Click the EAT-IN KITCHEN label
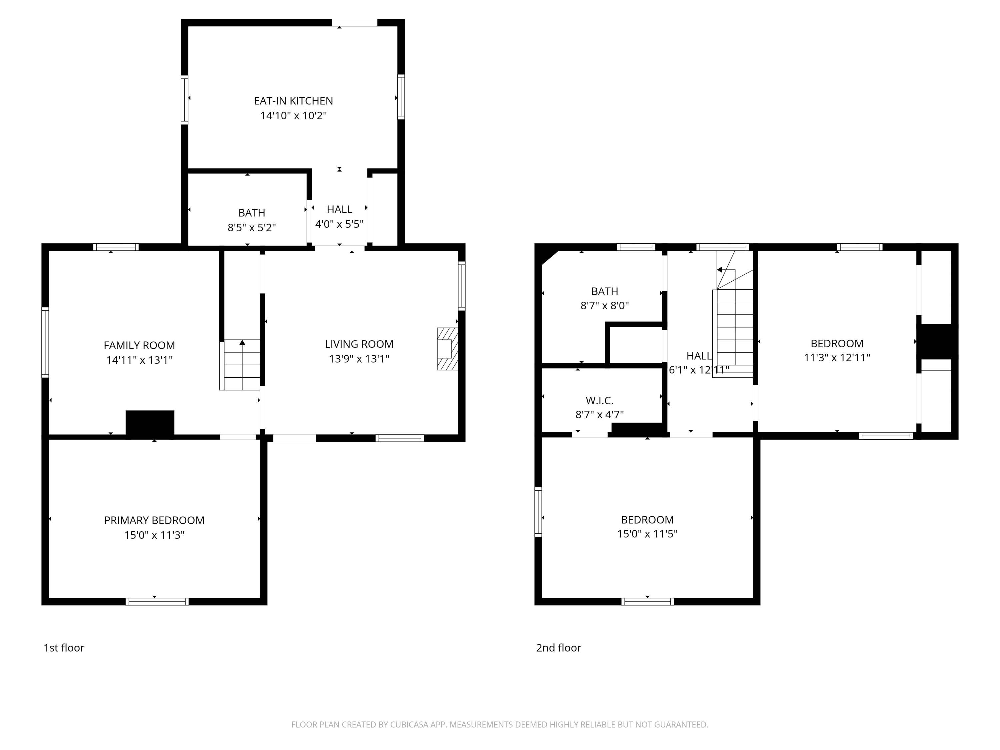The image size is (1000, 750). coord(293,101)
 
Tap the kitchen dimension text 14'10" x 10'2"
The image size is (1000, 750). coord(293,115)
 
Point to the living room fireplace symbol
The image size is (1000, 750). coord(447,349)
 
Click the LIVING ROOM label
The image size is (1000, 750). coord(359,344)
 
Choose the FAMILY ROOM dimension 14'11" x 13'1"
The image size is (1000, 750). coord(139,360)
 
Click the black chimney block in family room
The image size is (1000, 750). coord(150,424)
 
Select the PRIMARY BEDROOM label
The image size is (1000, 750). coord(154,520)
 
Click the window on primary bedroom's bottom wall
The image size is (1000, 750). coord(157,601)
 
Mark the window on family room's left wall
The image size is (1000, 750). coord(45,342)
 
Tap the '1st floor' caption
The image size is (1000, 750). coord(64,648)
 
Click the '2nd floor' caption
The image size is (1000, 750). coord(558,648)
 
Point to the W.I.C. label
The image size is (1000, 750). coord(599,401)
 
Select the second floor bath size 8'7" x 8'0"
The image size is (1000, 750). coord(604,306)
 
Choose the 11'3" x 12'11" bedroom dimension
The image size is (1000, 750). coord(837,358)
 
